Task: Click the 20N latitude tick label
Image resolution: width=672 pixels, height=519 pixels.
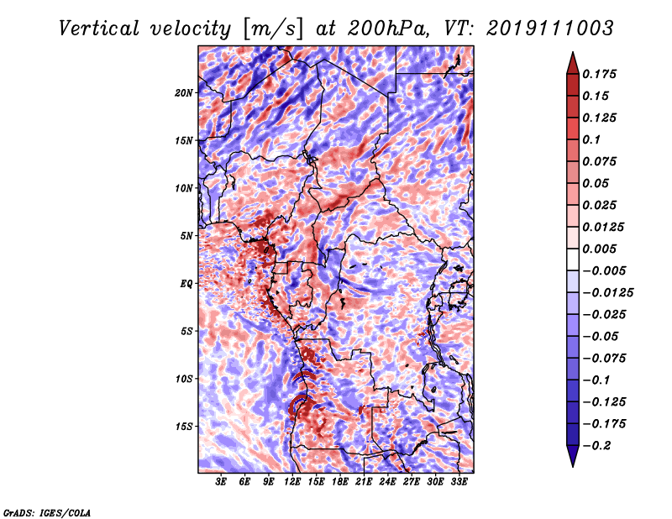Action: pyautogui.click(x=184, y=93)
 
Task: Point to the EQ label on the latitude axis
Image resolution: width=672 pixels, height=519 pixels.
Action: pyautogui.click(x=186, y=284)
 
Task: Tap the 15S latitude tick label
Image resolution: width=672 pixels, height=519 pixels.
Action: pyautogui.click(x=184, y=427)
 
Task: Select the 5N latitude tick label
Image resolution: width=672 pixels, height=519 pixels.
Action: pyautogui.click(x=186, y=236)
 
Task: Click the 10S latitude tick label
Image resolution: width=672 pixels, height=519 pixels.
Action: pyautogui.click(x=184, y=379)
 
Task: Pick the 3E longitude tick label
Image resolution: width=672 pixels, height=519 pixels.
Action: pyautogui.click(x=221, y=482)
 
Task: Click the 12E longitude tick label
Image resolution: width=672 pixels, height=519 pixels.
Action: pyautogui.click(x=292, y=482)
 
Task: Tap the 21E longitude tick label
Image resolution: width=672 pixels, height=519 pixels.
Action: pyautogui.click(x=364, y=482)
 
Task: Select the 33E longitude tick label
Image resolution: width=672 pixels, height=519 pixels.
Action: pyautogui.click(x=459, y=482)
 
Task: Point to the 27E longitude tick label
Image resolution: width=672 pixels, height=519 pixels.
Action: pyautogui.click(x=412, y=482)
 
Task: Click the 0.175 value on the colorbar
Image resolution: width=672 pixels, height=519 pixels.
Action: pyautogui.click(x=599, y=74)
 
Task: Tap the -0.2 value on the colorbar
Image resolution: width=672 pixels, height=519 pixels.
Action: pyautogui.click(x=596, y=446)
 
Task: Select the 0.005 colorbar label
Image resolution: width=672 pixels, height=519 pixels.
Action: pyautogui.click(x=599, y=249)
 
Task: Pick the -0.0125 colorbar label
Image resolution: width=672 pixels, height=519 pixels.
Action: pyautogui.click(x=607, y=293)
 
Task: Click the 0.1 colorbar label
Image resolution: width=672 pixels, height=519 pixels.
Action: pyautogui.click(x=591, y=139)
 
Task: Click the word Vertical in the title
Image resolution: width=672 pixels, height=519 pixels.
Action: pyautogui.click(x=99, y=29)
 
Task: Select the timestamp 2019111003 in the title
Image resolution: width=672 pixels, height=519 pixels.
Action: pyautogui.click(x=550, y=29)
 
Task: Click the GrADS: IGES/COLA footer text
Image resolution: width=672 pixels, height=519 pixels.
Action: pyautogui.click(x=47, y=512)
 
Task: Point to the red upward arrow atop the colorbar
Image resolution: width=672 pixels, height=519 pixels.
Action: pyautogui.click(x=573, y=63)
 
